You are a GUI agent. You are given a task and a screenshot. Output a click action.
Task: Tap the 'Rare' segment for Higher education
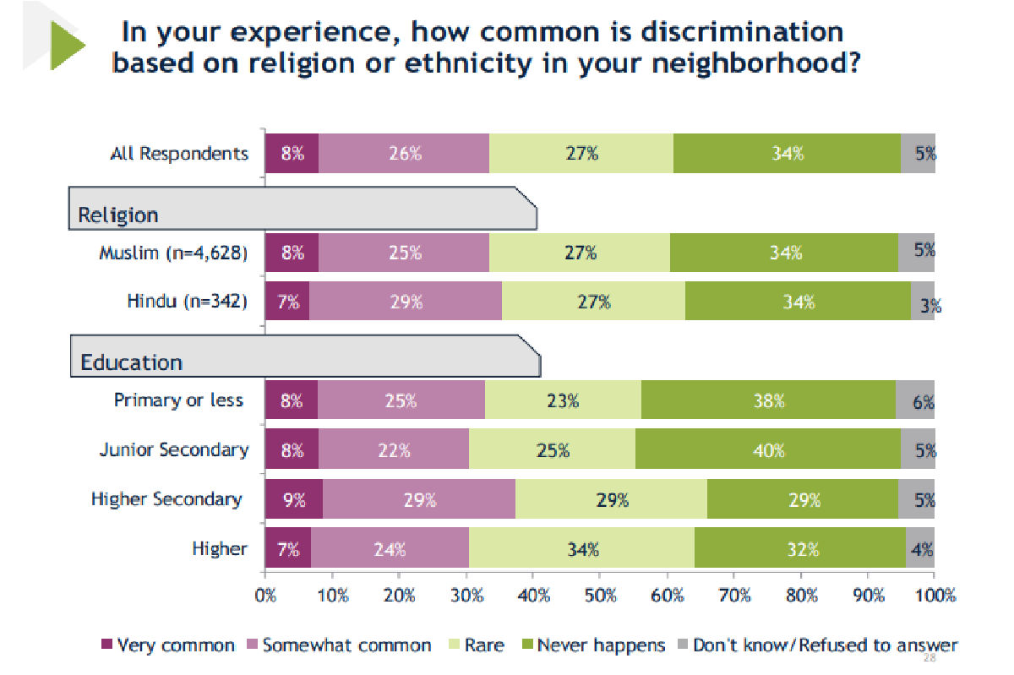(582, 549)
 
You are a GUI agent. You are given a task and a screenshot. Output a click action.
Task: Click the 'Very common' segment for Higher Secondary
(293, 500)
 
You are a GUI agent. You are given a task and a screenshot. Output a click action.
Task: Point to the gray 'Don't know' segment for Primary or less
(915, 401)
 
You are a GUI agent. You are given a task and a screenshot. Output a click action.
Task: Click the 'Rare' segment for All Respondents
(581, 154)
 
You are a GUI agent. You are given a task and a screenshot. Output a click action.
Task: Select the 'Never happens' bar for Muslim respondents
(785, 253)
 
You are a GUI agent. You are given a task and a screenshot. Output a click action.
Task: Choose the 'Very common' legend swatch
(106, 645)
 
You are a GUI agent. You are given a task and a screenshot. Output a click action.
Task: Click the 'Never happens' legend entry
(601, 645)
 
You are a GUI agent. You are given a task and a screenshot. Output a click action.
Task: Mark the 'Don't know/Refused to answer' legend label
(825, 645)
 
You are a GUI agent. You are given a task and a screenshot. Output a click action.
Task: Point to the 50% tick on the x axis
(599, 596)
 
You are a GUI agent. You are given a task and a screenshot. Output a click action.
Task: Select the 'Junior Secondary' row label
(174, 450)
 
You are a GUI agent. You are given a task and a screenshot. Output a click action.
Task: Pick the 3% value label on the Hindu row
(930, 308)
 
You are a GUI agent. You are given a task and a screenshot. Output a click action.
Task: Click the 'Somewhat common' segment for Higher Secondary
(418, 500)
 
